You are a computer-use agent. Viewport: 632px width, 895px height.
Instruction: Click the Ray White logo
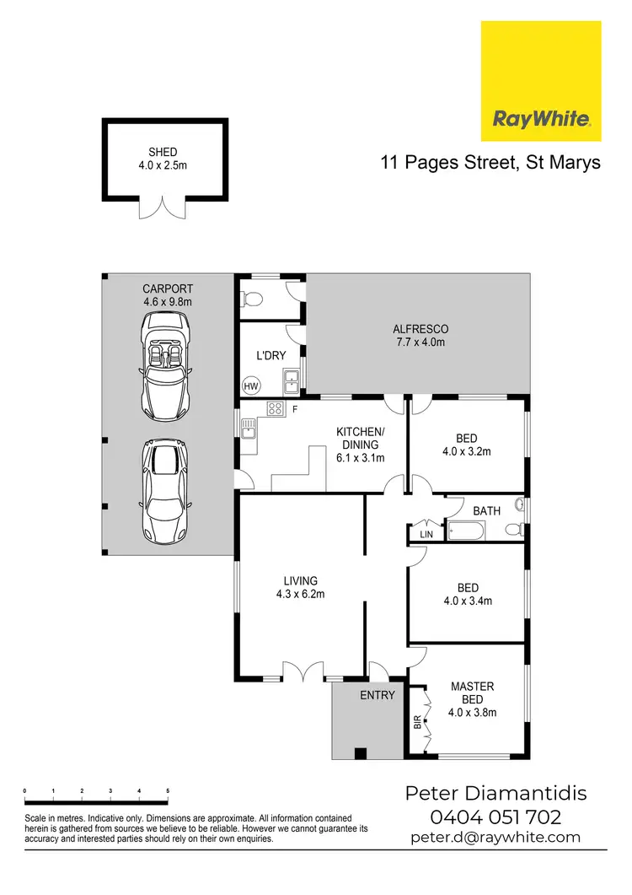(x=541, y=81)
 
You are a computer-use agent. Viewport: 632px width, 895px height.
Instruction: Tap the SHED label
(x=163, y=152)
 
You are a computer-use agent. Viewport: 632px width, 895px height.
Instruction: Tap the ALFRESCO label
(x=420, y=329)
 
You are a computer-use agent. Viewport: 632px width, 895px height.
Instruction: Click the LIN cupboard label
(x=426, y=535)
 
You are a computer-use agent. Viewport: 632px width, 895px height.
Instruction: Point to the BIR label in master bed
(x=417, y=722)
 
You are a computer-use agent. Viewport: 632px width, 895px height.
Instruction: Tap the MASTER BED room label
(x=472, y=693)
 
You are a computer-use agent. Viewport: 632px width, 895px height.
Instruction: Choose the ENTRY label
(x=377, y=695)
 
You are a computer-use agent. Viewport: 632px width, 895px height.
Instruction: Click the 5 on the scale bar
(x=168, y=791)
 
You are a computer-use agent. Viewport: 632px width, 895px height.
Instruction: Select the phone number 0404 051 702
(x=495, y=817)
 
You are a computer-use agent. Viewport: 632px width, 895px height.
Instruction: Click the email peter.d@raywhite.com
(x=495, y=838)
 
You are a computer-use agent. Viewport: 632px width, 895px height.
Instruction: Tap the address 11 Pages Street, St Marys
(x=490, y=163)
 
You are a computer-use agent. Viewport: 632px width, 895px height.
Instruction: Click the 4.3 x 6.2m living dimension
(x=301, y=593)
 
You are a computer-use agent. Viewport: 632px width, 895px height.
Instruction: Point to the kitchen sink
(x=248, y=433)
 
